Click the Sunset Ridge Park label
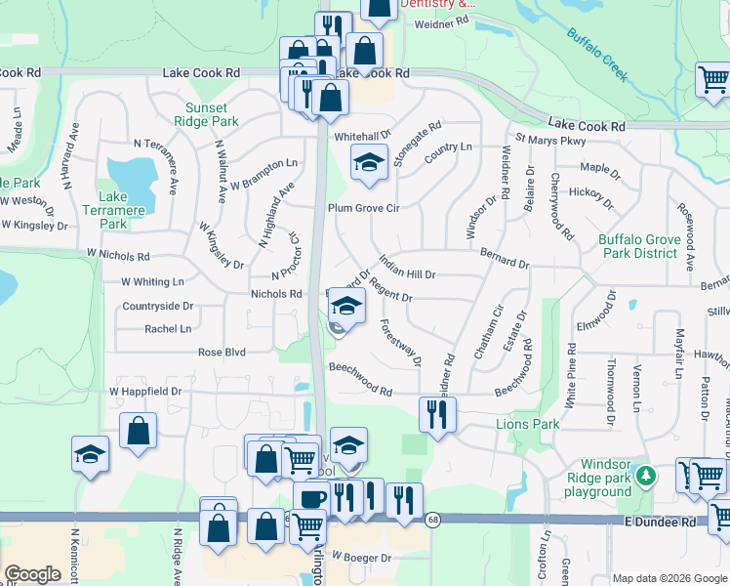point(206,114)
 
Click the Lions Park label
point(528,424)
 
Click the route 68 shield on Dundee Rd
point(433,519)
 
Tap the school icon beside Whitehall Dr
point(369,162)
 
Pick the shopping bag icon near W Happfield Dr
point(139,430)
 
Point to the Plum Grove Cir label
point(365,208)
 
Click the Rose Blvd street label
point(222,352)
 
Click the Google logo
point(32,574)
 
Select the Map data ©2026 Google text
point(655,578)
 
